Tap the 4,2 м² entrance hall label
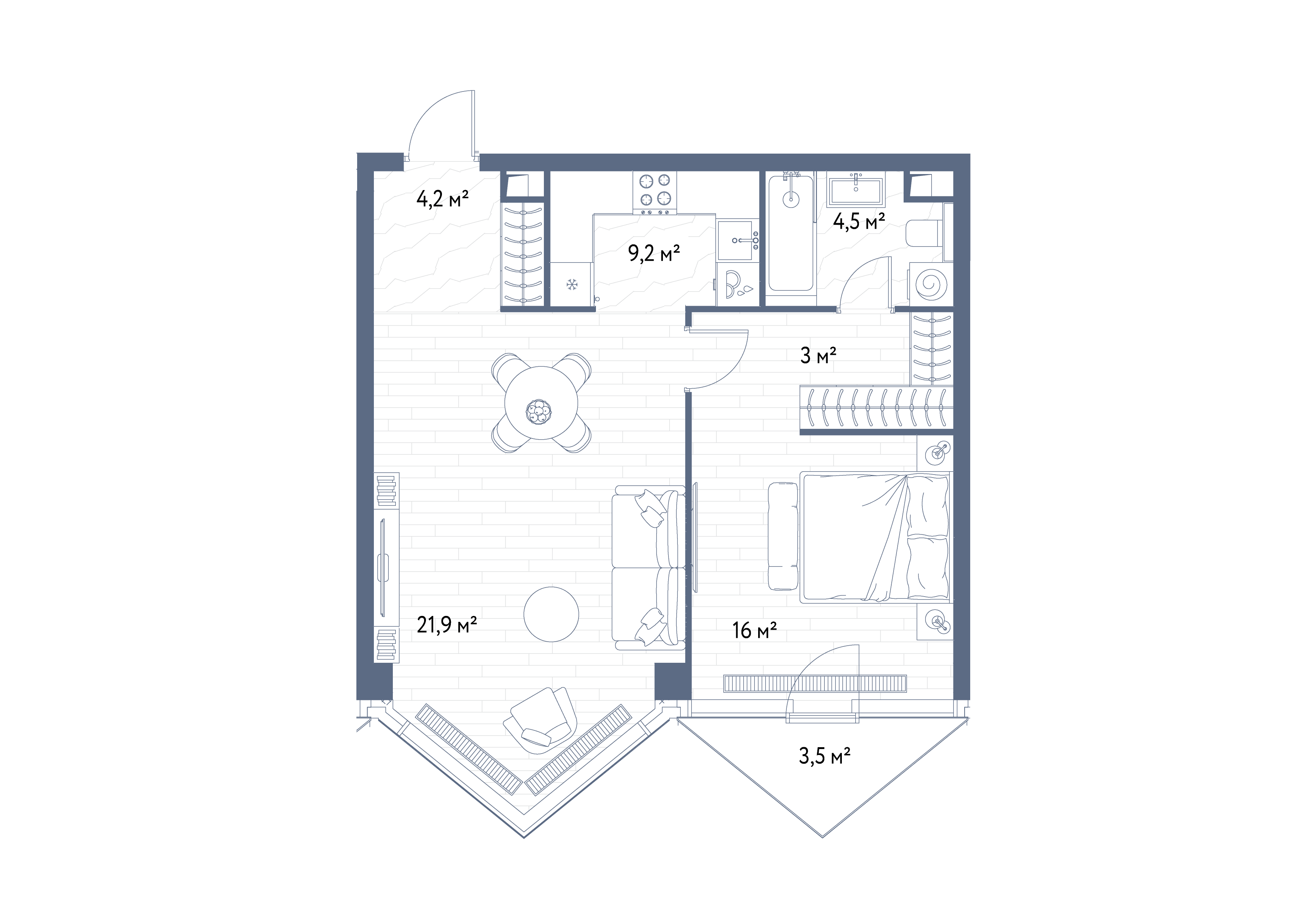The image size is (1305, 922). click(x=442, y=199)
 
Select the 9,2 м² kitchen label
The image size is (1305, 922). click(x=654, y=253)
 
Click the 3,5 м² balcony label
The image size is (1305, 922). click(x=825, y=756)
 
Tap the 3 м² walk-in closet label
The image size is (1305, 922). click(x=818, y=356)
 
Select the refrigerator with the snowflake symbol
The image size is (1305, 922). click(x=571, y=284)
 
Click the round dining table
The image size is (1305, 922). click(x=541, y=403)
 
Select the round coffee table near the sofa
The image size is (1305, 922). click(x=551, y=614)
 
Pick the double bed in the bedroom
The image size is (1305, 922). click(x=875, y=536)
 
